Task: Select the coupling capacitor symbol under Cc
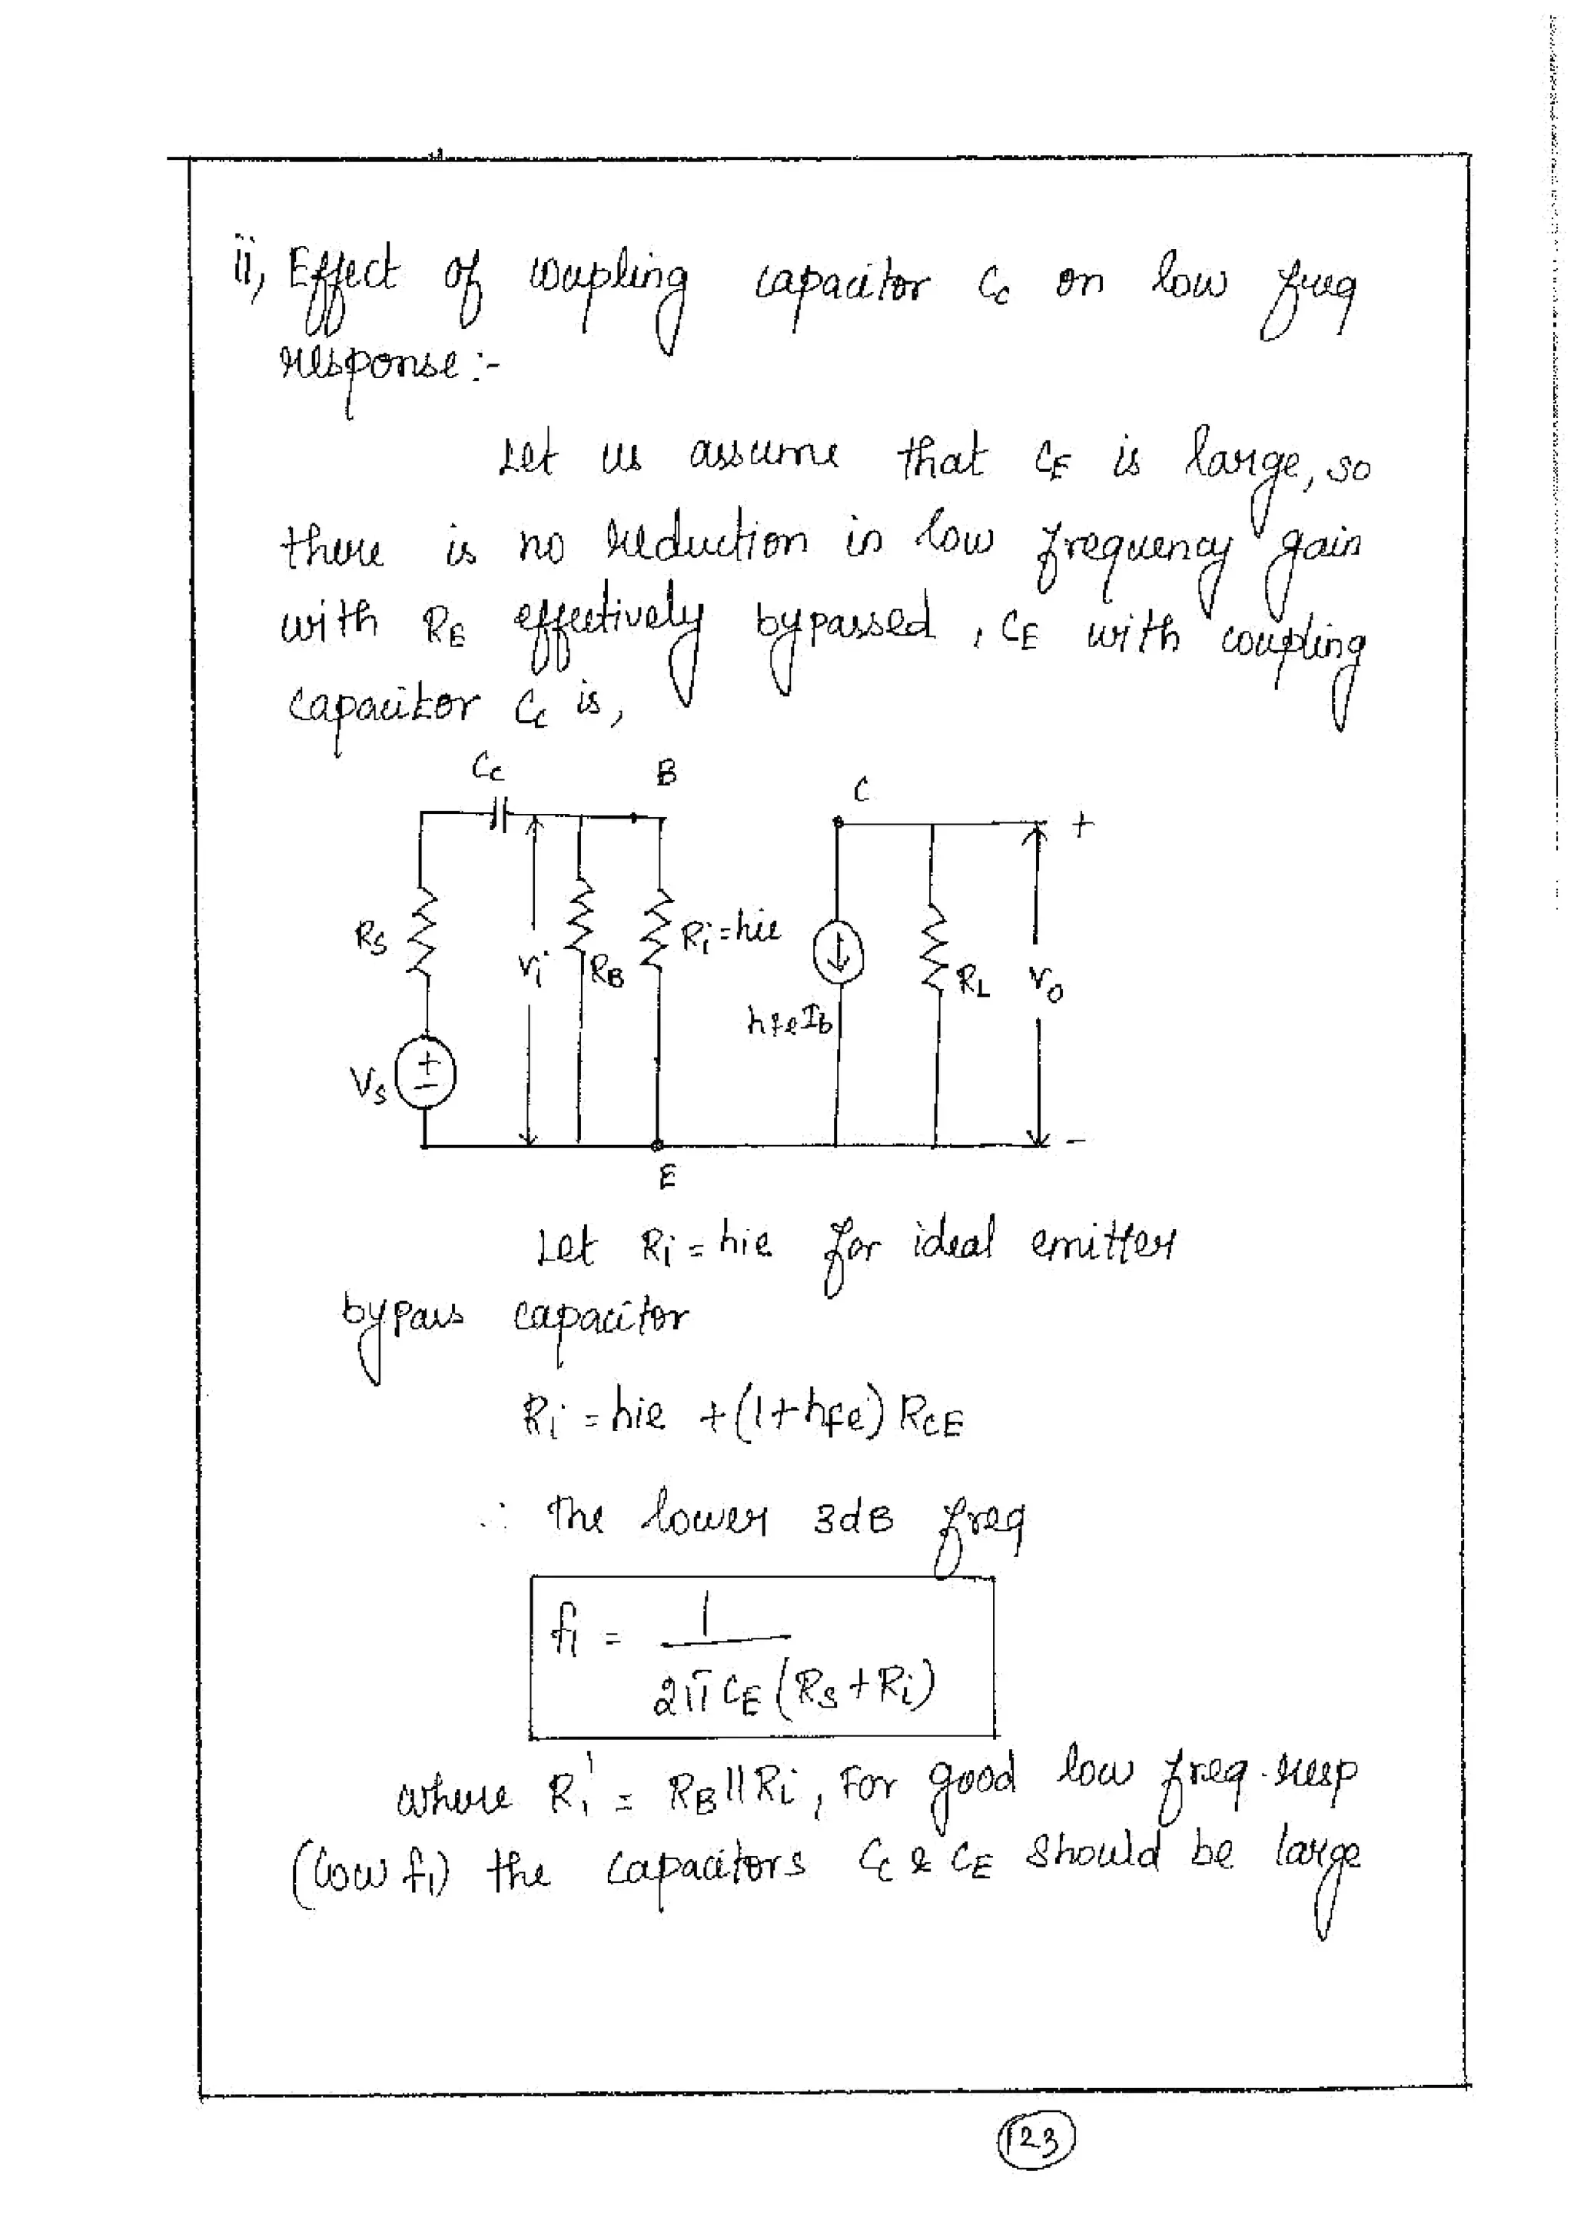498,816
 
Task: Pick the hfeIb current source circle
839,955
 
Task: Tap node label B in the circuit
666,773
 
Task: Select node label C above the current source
861,791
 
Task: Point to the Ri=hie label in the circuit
730,932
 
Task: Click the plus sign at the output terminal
1082,825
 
